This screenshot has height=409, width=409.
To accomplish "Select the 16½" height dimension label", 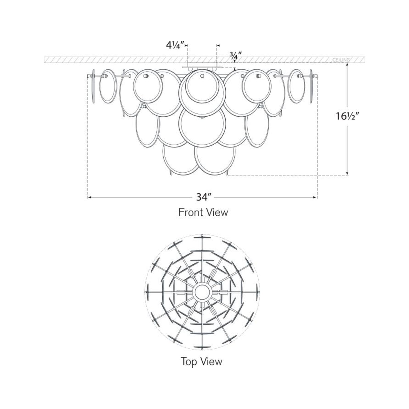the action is [x=347, y=116].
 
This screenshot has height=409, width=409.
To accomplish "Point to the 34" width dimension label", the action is [x=202, y=197].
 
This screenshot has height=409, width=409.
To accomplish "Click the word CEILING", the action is [x=341, y=60].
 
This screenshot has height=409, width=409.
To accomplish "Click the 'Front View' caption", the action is [x=203, y=212].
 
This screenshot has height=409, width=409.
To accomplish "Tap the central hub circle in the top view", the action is [x=202, y=292].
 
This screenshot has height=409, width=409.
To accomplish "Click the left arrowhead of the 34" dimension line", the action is [x=89, y=197].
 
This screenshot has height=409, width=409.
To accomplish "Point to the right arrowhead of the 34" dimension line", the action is [x=315, y=197].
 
